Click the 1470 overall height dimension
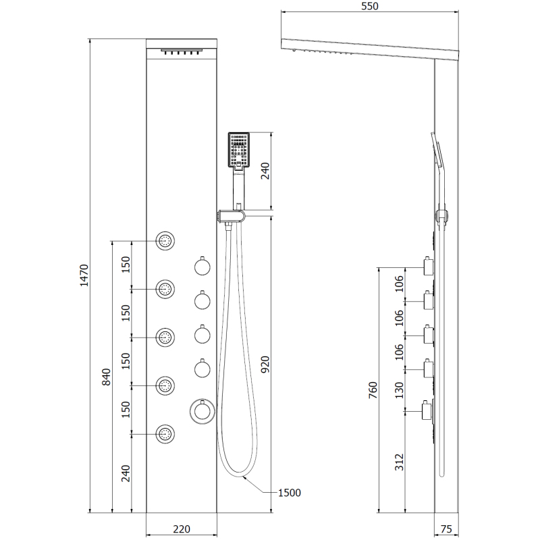tap(84, 275)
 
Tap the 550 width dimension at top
tap(369, 6)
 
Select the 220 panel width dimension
tap(181, 529)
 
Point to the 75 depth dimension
tap(446, 529)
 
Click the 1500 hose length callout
tap(290, 493)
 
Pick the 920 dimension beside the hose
tap(265, 364)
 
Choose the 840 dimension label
tap(107, 377)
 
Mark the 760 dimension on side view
tap(373, 390)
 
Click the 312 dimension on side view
tap(399, 462)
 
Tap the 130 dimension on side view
tap(399, 390)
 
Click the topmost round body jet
tap(165, 240)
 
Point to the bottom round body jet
tap(165, 434)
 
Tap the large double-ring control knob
tap(202, 411)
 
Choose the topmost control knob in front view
tap(202, 267)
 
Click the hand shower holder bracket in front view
tap(231, 217)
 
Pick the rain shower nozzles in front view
tap(181, 52)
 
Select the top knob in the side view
tap(429, 267)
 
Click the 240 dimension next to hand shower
tap(265, 171)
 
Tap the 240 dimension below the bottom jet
tap(126, 474)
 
